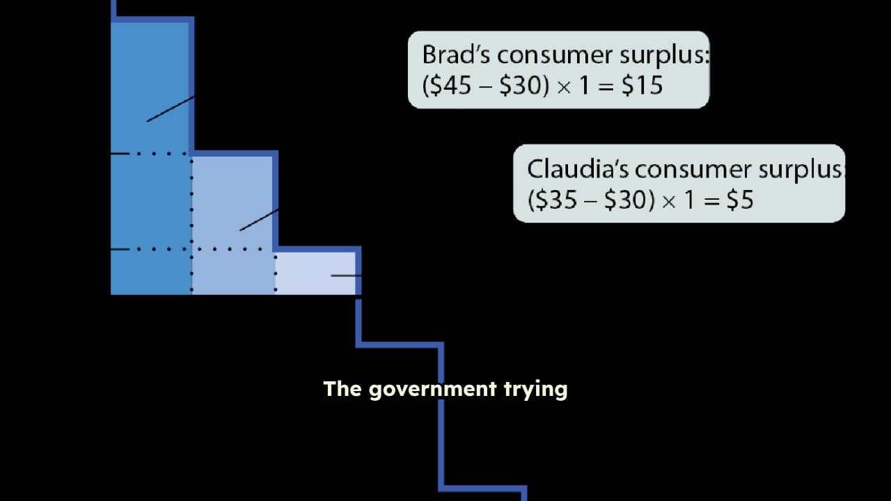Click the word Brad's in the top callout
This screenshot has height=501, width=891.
[456, 54]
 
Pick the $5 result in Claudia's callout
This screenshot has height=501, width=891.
[740, 200]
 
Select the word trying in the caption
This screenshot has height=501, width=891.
[535, 389]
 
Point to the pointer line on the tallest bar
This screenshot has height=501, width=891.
[171, 109]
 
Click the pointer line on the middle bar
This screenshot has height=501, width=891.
[259, 219]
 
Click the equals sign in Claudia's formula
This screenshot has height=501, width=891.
[712, 200]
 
